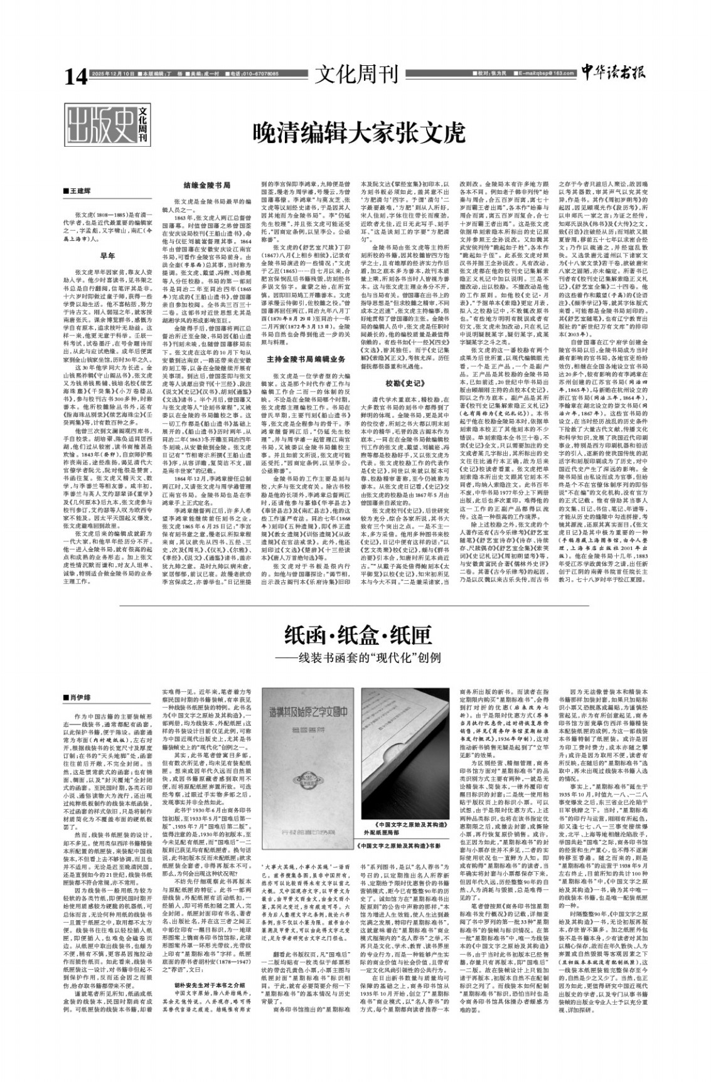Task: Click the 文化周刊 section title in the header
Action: coord(356,75)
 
